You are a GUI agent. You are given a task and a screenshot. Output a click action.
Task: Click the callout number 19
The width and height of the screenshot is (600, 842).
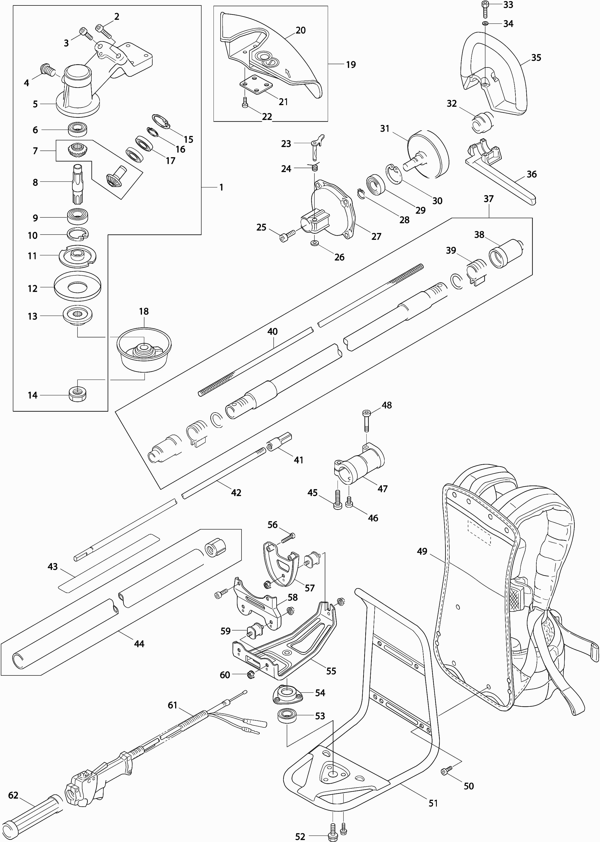pos(351,65)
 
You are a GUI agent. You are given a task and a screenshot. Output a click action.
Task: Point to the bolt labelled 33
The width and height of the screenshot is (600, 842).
pos(485,8)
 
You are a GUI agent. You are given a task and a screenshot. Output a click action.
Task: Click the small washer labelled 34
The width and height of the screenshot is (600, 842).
pos(485,24)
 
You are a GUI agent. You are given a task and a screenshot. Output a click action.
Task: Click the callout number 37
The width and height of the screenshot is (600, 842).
pos(488,199)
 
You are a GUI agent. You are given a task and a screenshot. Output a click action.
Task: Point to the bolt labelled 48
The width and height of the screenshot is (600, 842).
pos(367,420)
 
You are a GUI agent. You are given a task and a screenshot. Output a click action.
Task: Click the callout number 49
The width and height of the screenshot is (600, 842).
pos(422,551)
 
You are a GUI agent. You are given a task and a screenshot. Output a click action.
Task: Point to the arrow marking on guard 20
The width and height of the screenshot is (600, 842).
pos(289,72)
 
